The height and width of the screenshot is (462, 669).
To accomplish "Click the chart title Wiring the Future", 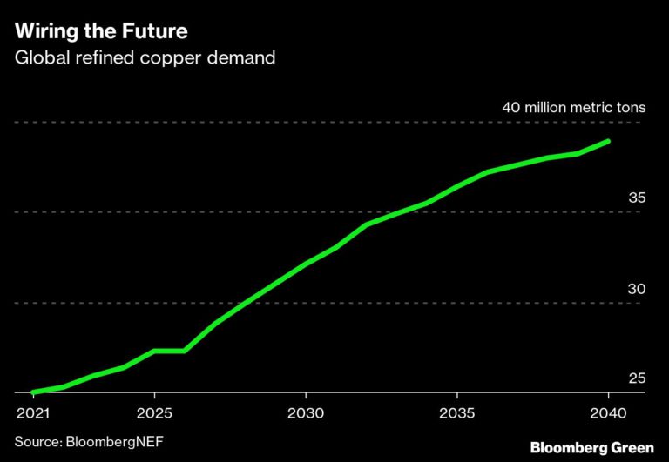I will pos(100,33).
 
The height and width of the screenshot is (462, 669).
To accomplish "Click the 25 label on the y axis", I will pos(637,378).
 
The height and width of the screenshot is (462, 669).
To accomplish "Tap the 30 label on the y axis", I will pos(637,288).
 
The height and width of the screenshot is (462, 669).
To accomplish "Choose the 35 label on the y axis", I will pos(637,198).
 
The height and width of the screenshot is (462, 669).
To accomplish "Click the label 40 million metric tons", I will pos(573,108).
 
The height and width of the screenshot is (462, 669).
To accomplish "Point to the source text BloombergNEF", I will pos(89,442).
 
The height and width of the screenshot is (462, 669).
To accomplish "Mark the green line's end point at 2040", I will pos(608,141).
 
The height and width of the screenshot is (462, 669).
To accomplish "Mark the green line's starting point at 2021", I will pos(32,392).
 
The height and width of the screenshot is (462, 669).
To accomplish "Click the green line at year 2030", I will pos(305,264).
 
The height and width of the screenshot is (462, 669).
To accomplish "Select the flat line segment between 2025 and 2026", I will pos(169,351).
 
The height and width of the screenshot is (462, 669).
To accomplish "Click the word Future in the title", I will pos(156,33).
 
